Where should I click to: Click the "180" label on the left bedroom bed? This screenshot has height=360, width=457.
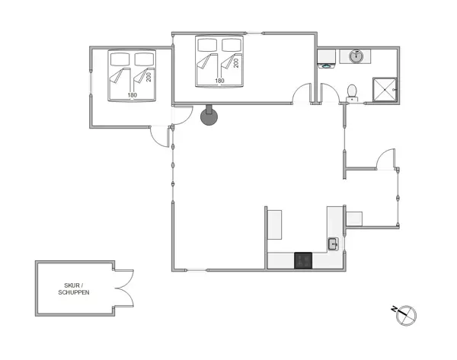click(132, 95)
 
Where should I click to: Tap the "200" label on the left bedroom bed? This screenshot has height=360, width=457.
click(149, 77)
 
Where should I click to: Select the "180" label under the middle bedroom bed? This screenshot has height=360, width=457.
click(219, 81)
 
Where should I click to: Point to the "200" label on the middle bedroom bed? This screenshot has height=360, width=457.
click(236, 62)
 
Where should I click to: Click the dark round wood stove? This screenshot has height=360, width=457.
click(209, 116)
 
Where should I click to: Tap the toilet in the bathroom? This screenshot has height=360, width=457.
click(352, 92)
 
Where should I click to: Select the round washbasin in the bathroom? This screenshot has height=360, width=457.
click(356, 56)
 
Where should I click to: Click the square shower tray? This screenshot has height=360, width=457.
click(385, 89)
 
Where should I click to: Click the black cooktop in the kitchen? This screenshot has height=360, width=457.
click(304, 260)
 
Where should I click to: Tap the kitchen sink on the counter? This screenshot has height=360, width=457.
click(334, 244)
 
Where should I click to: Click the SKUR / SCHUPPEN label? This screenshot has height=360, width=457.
click(74, 289)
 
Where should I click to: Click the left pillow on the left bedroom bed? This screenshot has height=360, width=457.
click(120, 59)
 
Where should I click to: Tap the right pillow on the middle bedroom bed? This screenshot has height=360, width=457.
click(230, 44)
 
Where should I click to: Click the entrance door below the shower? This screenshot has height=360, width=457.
click(385, 159)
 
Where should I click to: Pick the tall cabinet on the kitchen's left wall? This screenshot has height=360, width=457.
click(275, 223)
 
